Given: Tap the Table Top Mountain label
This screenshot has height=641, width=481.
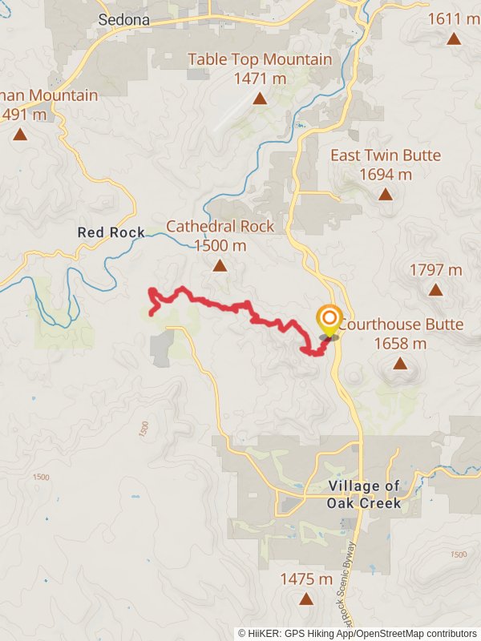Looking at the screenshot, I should point(260,59).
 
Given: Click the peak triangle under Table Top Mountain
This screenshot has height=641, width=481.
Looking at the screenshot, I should point(260,99).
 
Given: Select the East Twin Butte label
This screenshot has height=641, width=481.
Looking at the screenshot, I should point(386,155).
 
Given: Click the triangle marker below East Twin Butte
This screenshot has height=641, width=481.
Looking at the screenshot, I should point(386,194).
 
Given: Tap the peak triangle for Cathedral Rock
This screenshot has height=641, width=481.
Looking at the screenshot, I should point(220,265).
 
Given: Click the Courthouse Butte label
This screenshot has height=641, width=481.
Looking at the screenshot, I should point(400,325).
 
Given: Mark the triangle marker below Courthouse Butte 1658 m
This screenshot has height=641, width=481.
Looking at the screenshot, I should point(400,364).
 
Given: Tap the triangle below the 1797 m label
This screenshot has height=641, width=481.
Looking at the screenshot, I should point(435,290).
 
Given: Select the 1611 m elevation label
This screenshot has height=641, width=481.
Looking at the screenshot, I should point(454,18).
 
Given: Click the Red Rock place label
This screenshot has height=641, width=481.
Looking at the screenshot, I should point(111,232).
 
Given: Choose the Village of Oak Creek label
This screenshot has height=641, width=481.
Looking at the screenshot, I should point(363,494).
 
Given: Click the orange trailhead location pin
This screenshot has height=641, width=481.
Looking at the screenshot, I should point(329,320).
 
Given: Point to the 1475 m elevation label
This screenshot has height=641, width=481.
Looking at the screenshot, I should point(305,579).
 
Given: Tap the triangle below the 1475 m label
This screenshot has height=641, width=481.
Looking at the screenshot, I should point(305,599).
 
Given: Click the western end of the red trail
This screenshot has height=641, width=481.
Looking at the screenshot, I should point(152,312).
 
